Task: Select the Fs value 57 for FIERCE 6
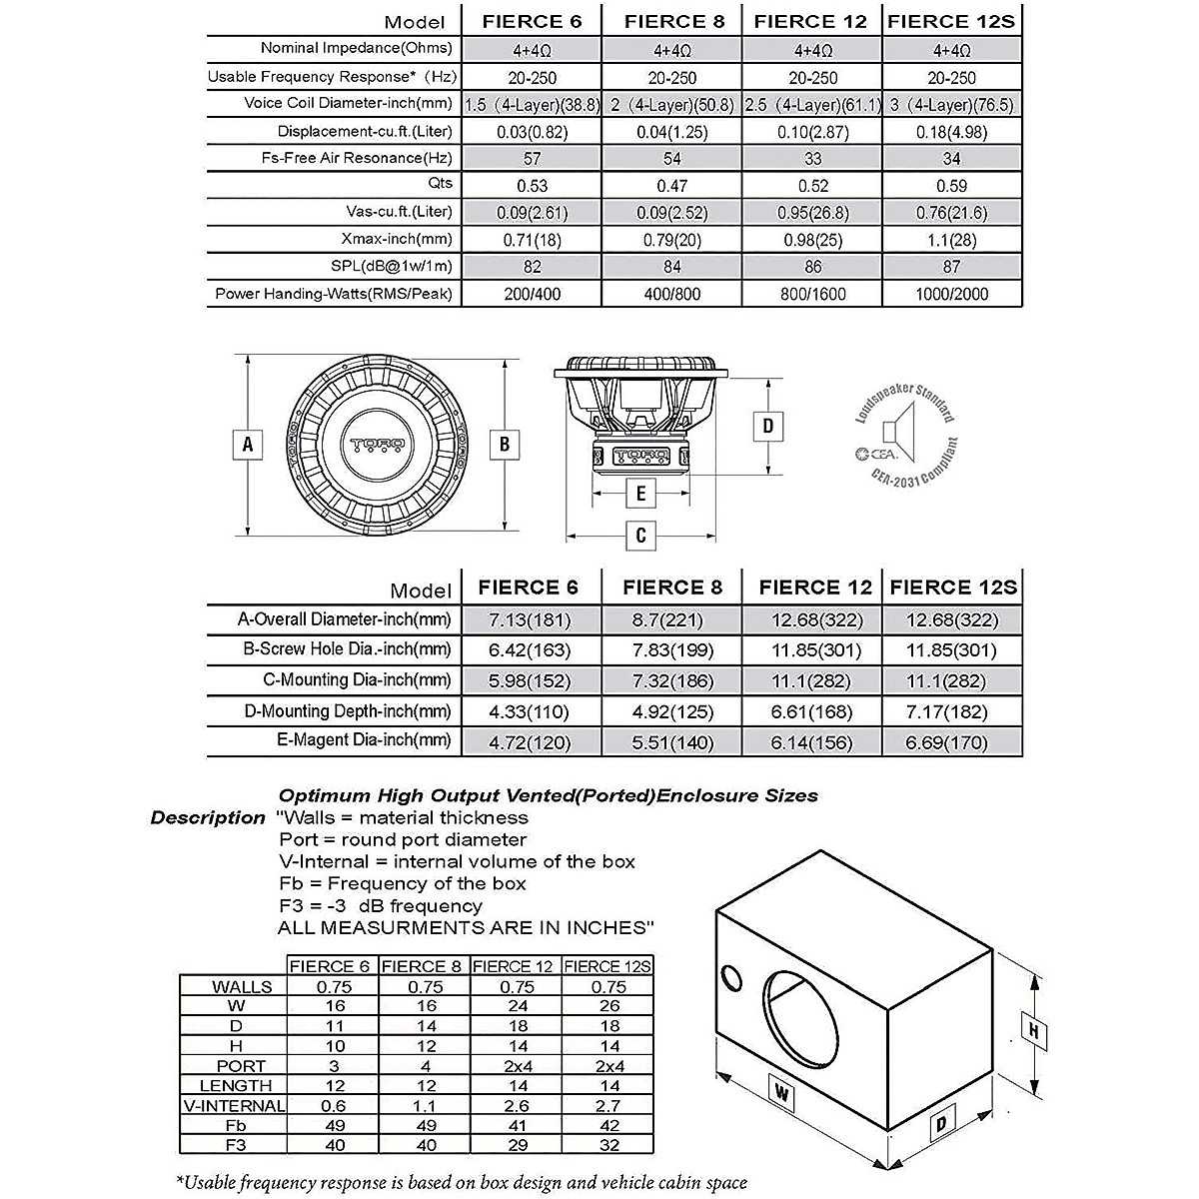(x=532, y=159)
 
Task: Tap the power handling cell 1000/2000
(x=951, y=294)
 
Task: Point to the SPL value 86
(x=813, y=267)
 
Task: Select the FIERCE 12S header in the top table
(x=951, y=21)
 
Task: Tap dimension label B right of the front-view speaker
(x=506, y=443)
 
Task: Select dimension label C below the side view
(x=641, y=536)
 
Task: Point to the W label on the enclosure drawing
(x=782, y=1093)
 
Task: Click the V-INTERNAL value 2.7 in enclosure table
(x=608, y=1105)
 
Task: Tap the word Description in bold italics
(x=208, y=818)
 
